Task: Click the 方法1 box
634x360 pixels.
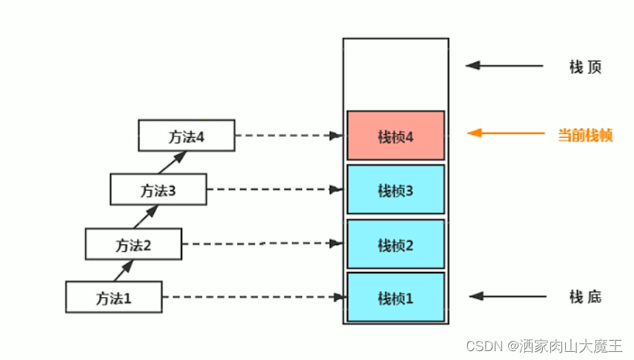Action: point(113,297)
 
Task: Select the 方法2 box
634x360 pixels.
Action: point(133,244)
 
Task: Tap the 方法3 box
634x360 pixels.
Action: point(158,190)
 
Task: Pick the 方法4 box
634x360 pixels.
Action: point(186,136)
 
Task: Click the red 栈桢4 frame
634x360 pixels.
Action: point(396,136)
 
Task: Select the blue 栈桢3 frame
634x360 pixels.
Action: point(396,190)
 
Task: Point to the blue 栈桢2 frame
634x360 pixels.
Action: point(396,244)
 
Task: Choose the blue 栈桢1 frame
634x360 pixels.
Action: point(396,298)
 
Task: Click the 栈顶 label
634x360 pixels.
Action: point(584,67)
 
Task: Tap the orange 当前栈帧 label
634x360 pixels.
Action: point(585,135)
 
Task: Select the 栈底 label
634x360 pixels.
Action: point(585,297)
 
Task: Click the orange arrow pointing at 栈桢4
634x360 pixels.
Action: point(506,134)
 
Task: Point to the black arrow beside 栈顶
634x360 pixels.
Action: point(504,65)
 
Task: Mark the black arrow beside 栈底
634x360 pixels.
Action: point(507,296)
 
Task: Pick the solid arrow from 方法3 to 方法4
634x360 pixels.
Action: point(175,163)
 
